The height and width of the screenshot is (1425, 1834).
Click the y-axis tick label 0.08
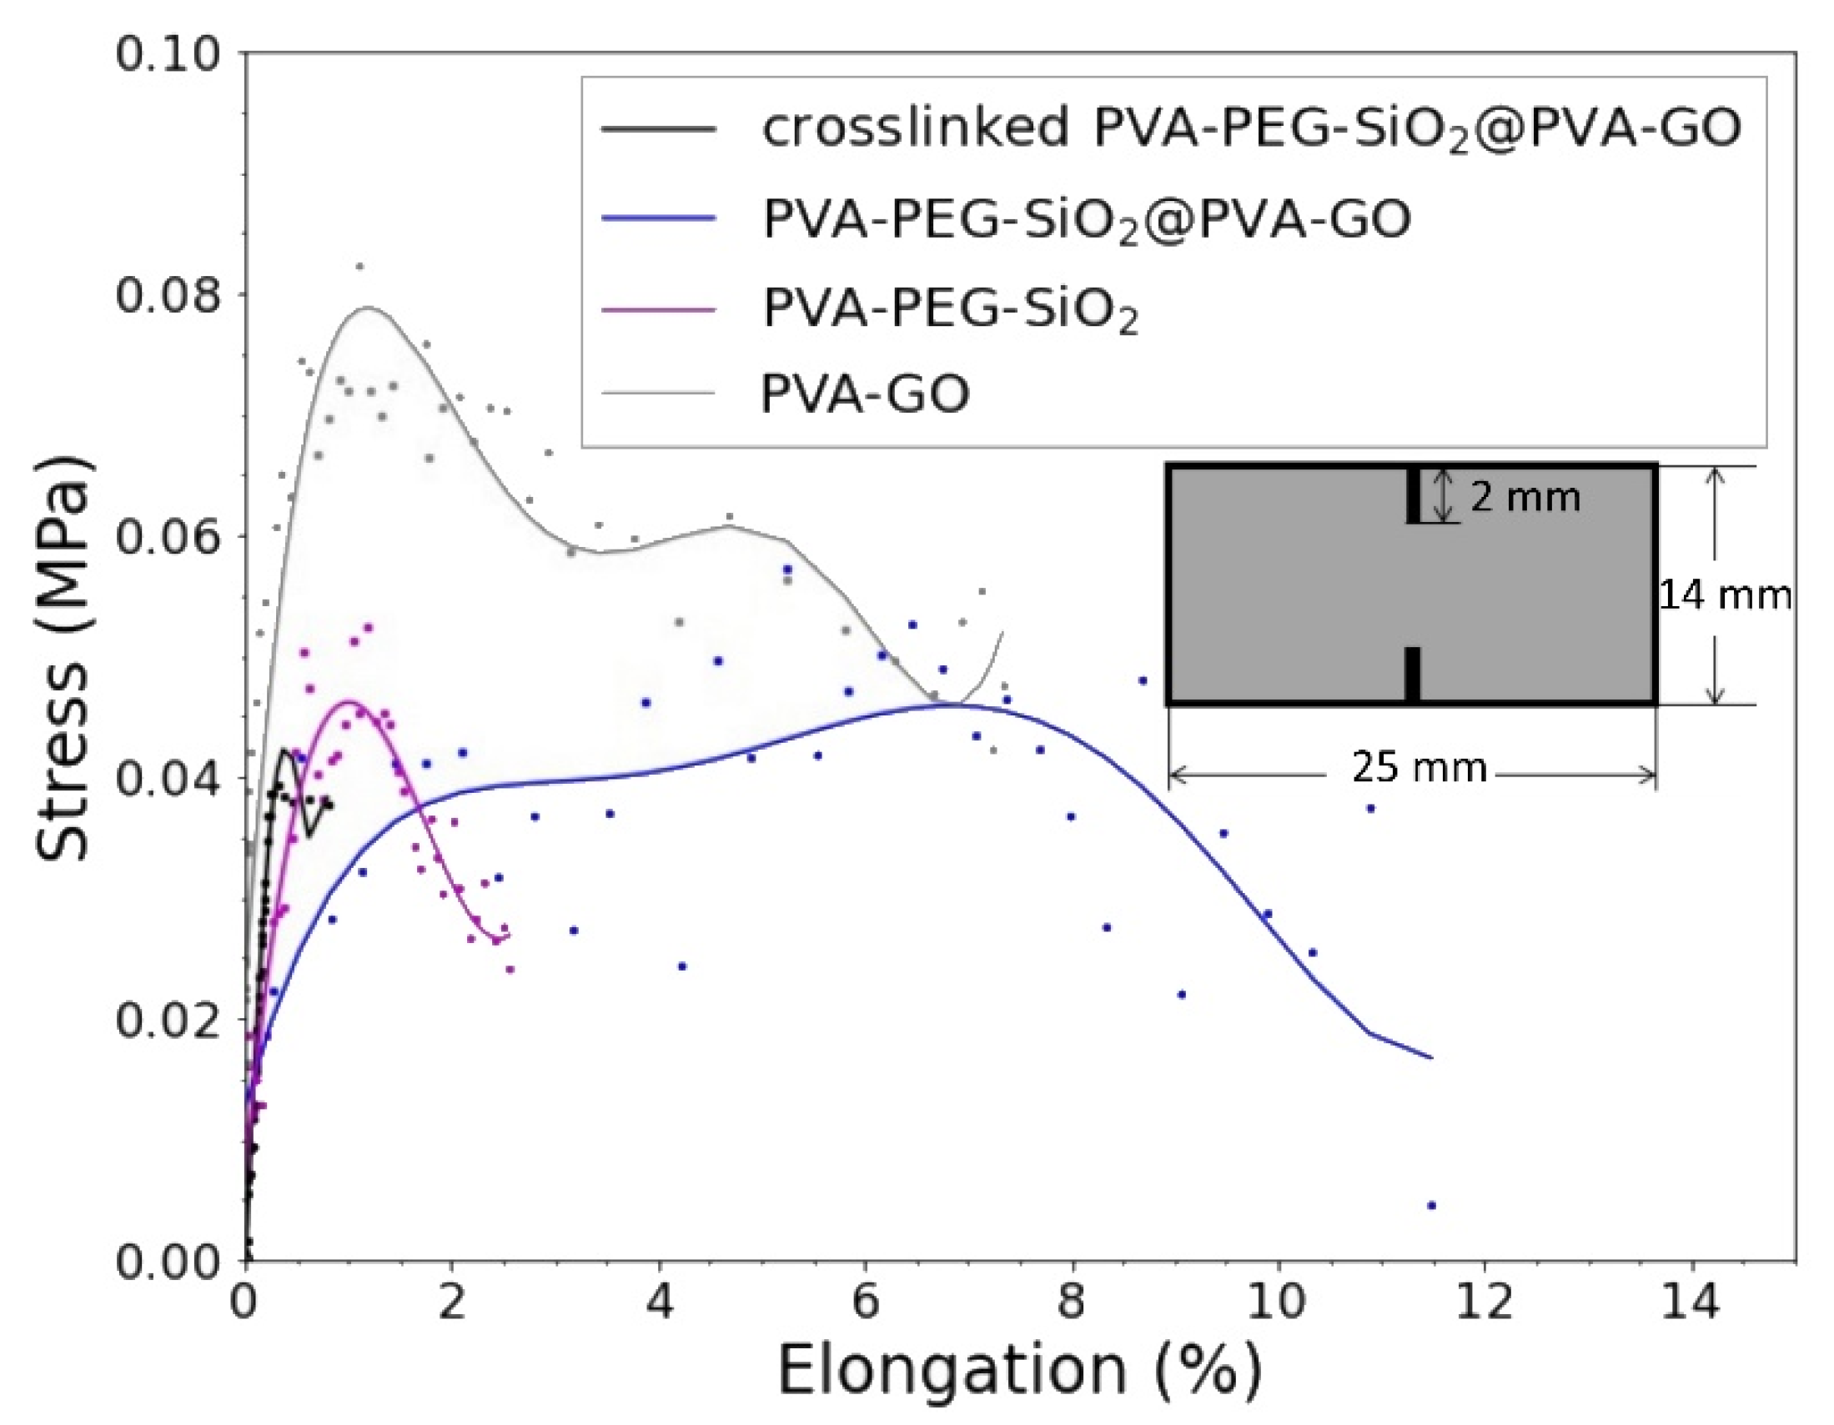pyautogui.click(x=167, y=294)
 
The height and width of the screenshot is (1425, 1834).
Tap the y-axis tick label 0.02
pyautogui.click(x=167, y=1020)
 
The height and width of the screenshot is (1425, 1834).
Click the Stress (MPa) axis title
pyautogui.click(x=63, y=659)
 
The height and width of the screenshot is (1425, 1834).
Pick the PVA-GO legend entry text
pyautogui.click(x=865, y=393)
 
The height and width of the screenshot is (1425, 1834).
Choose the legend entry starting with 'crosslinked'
pyautogui.click(x=1251, y=128)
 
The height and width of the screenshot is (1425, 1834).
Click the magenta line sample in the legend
pyautogui.click(x=658, y=309)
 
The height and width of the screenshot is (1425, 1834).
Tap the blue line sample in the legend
pyautogui.click(x=658, y=218)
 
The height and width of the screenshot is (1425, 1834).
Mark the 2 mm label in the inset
pyautogui.click(x=1525, y=497)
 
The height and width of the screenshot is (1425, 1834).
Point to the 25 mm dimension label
pyautogui.click(x=1419, y=766)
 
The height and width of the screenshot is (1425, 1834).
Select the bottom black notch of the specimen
pyautogui.click(x=1414, y=674)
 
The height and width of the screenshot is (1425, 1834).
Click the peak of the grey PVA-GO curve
pyautogui.click(x=366, y=308)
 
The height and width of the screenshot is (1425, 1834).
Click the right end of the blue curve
pyautogui.click(x=1431, y=1058)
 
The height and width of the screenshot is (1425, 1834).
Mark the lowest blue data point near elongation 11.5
pyautogui.click(x=1432, y=1206)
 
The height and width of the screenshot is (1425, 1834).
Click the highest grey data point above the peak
pyautogui.click(x=359, y=267)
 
